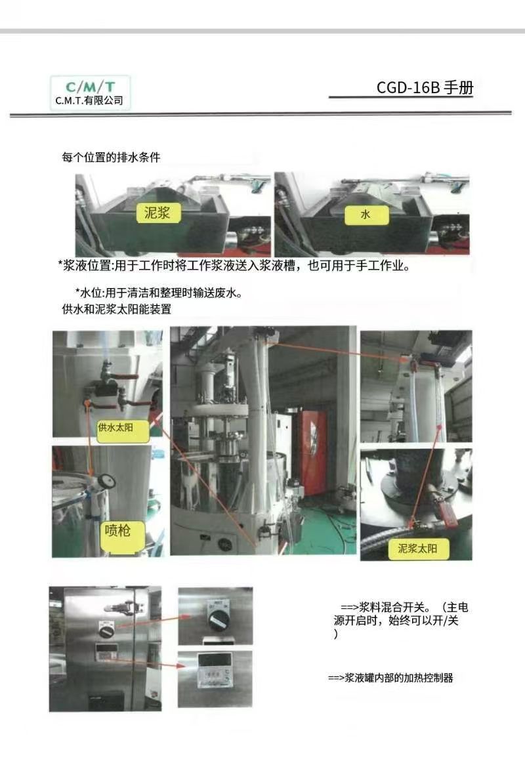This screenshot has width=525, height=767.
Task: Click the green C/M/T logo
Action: tap(91, 87)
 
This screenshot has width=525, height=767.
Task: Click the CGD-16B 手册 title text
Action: tap(425, 87)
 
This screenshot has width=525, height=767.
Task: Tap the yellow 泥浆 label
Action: tap(157, 213)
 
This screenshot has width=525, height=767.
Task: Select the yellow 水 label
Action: tap(366, 215)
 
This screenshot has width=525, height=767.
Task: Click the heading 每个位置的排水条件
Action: tap(111, 157)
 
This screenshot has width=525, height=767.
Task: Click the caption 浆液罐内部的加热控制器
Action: tap(399, 678)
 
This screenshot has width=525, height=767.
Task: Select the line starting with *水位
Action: tap(159, 293)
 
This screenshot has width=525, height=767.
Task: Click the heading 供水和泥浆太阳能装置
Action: tap(116, 309)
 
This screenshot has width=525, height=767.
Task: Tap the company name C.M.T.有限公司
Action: tap(89, 100)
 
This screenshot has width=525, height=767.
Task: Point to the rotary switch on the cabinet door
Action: tap(106, 629)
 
